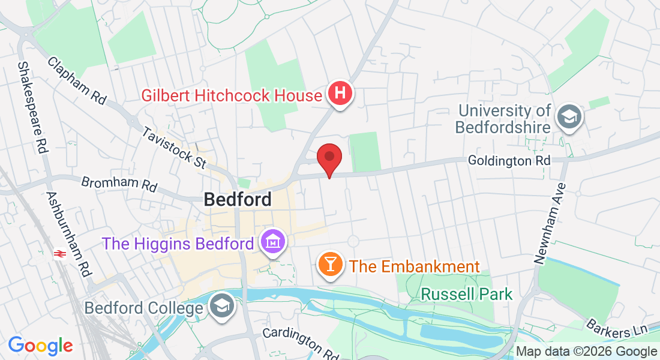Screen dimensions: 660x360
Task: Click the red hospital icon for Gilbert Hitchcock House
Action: click(340, 94)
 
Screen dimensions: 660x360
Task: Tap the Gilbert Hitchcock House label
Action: click(232, 95)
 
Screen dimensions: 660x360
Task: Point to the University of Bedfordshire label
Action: click(503, 119)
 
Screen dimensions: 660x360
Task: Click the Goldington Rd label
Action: click(509, 161)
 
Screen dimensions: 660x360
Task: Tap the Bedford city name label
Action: click(238, 199)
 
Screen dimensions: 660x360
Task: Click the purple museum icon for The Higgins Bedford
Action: click(273, 242)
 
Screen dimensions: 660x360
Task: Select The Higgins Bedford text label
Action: click(178, 244)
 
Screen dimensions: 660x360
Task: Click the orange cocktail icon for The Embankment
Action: click(329, 265)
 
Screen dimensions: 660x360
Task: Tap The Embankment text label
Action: click(415, 266)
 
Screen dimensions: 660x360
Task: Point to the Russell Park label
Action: click(467, 294)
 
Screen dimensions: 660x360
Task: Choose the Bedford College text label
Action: click(144, 308)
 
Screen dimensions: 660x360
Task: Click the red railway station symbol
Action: click(59, 254)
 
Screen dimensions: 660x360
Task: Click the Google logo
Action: click(40, 346)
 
